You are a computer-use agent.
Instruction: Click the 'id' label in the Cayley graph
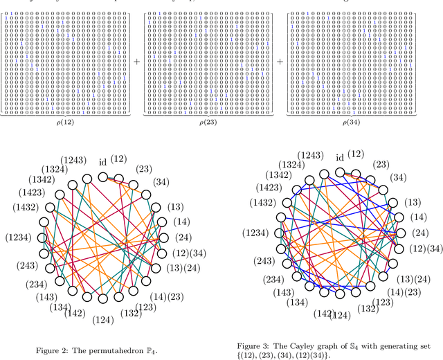click(x=340, y=157)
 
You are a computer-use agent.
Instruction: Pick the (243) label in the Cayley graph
click(x=265, y=262)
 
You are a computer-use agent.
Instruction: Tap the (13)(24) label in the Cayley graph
click(x=417, y=278)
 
